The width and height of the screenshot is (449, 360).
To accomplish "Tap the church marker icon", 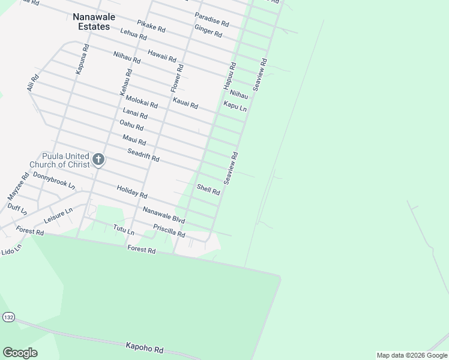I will (98, 160).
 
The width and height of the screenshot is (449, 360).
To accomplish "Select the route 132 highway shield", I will (8, 316).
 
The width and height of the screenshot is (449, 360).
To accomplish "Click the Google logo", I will (20, 353).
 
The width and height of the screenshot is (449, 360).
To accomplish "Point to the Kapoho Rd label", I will (145, 347).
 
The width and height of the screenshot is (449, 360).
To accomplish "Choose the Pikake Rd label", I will (151, 26).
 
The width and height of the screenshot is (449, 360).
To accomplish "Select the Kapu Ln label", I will (235, 106).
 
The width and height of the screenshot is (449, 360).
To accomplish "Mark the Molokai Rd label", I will (142, 102).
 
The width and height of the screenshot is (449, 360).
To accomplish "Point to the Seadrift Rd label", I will (143, 155).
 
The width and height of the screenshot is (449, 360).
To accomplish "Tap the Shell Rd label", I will (208, 190).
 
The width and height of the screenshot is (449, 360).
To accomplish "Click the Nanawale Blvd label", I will (164, 214).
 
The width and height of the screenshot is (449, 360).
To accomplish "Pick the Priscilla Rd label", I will (169, 231).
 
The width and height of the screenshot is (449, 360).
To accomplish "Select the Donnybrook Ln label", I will (54, 180).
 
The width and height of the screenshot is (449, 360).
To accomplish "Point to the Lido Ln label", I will (11, 248).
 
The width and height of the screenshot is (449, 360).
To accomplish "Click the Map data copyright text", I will (412, 355).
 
